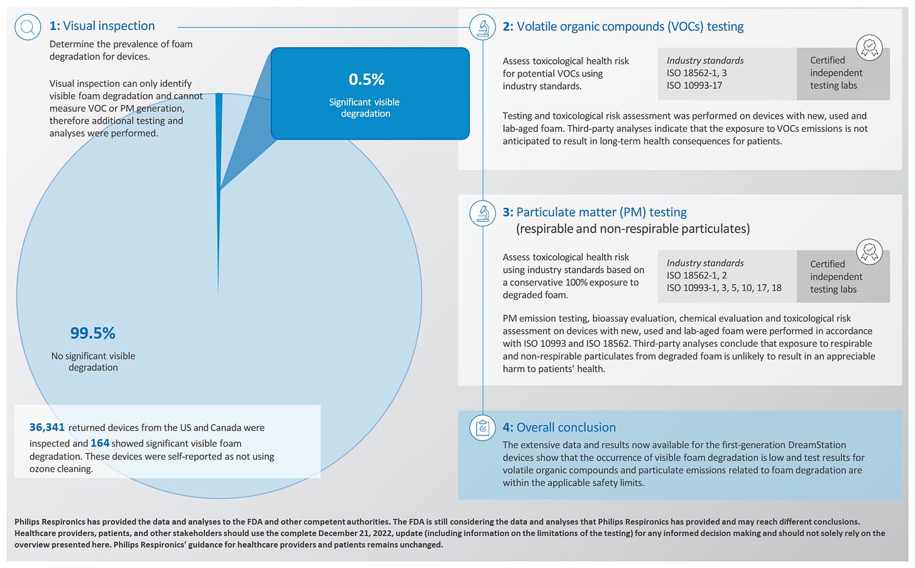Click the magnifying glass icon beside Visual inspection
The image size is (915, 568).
28,27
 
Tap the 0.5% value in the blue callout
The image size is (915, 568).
366,80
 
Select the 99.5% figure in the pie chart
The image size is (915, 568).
92,333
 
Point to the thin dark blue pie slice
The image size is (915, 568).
219,188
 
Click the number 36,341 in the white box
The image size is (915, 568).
47,427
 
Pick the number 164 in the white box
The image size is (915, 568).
100,443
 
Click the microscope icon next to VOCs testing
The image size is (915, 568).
483,27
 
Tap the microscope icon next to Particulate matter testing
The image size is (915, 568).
483,213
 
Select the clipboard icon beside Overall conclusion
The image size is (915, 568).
483,428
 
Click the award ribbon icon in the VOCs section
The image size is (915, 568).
870,47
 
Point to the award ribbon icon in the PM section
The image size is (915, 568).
870,251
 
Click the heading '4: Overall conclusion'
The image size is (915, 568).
559,427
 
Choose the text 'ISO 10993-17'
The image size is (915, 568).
694,85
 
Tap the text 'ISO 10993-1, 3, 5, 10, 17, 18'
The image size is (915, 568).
724,288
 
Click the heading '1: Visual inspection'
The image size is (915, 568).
102,26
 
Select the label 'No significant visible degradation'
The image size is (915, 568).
93,361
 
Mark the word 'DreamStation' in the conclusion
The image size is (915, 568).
815,445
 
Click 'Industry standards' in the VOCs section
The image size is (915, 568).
705,60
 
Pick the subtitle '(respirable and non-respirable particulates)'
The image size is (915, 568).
633,229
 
